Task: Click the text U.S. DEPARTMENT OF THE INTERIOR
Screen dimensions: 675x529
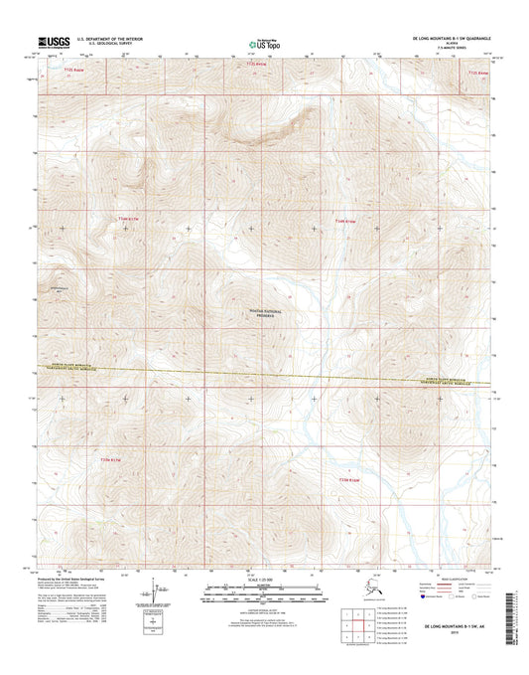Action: [103, 38]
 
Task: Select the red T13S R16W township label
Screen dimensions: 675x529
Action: [344, 221]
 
